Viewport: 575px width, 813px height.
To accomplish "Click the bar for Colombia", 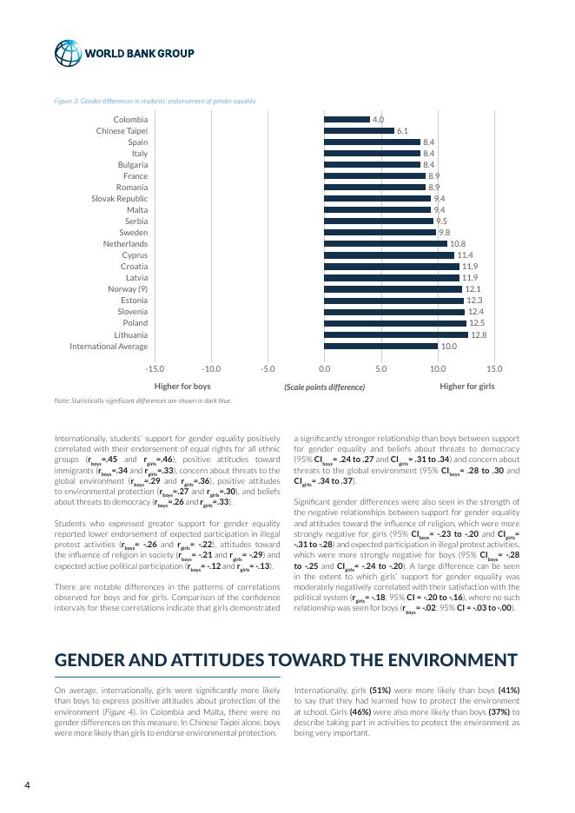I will tap(347, 120).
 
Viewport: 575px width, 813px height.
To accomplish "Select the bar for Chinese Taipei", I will tap(359, 131).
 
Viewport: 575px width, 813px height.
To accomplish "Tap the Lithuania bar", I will tap(395, 334).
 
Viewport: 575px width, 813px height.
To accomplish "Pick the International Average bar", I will tap(380, 346).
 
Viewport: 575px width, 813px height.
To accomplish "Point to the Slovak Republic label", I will tap(120, 199).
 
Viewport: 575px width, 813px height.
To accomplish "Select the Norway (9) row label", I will tap(128, 289).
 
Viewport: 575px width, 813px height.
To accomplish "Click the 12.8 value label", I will tap(478, 334).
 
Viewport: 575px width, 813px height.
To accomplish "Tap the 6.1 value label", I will tap(402, 131).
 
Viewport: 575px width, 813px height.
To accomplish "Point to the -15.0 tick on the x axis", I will tap(155, 368).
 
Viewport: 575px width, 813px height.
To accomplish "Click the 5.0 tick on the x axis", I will tap(380, 368).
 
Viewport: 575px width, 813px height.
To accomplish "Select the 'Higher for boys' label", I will tap(182, 387).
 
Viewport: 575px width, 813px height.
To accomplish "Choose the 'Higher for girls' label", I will tap(467, 387).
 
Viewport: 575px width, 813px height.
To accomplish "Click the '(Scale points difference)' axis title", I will tap(324, 387).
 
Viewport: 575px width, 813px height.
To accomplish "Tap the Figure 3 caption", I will tap(155, 101).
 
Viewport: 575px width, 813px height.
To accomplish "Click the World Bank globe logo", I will tap(67, 53).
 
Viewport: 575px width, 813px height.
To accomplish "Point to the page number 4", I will tap(27, 785).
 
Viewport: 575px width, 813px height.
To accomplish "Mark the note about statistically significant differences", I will tap(142, 401).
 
